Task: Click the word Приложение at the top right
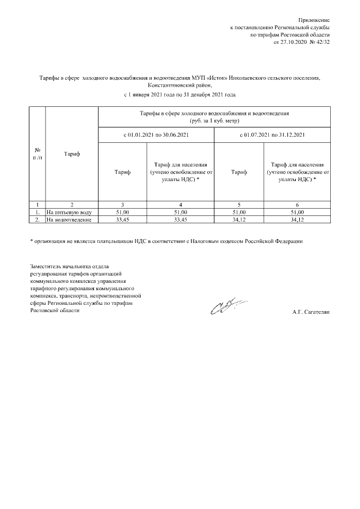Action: pos(314,20)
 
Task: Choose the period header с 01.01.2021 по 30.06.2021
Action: pos(156,135)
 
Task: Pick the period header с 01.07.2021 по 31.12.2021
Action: pos(272,135)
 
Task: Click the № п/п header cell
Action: pos(37,154)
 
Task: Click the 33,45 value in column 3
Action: pos(122,220)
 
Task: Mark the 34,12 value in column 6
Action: pos(298,220)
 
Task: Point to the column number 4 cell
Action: pos(180,205)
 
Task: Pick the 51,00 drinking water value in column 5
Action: pos(239,213)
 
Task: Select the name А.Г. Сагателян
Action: pos(310,311)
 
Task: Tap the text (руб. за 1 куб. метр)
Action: pos(214,120)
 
